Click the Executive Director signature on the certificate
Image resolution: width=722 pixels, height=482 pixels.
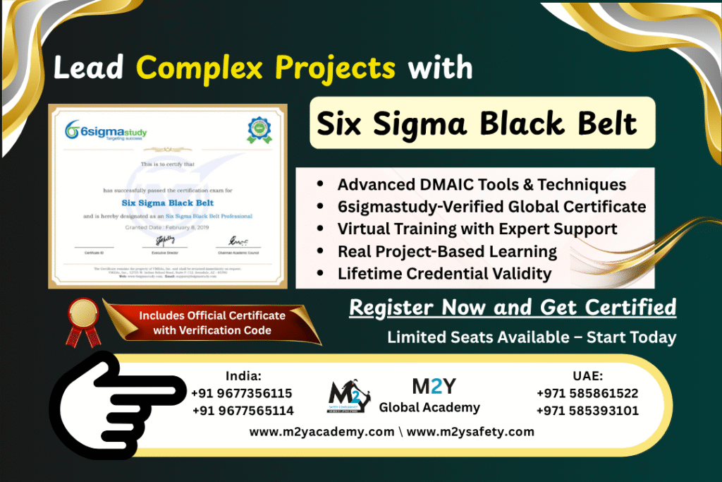[166, 241]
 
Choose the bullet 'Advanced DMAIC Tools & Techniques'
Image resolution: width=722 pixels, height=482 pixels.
[481, 184]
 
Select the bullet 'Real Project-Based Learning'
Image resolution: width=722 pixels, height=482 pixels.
[447, 251]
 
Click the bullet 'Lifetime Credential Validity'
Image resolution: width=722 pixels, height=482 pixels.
[444, 273]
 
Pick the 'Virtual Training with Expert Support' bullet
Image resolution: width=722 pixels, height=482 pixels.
[477, 229]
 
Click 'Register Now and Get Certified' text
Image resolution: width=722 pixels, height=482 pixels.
[513, 308]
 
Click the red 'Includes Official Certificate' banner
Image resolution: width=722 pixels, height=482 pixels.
[212, 323]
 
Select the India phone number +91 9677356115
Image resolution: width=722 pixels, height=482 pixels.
[242, 393]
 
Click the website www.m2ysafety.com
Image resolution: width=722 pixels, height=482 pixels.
[470, 431]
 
